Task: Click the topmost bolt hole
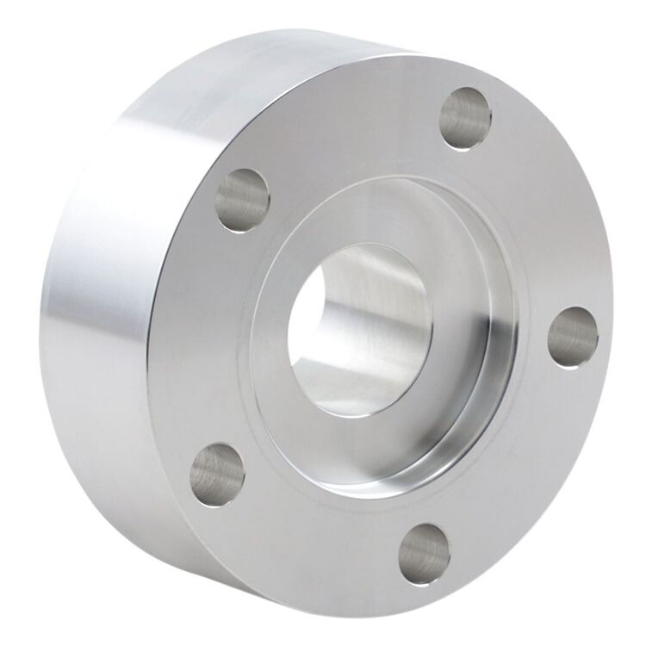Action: [464, 119]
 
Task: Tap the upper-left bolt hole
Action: [243, 199]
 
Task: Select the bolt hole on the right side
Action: [573, 337]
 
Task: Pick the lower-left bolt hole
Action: [216, 474]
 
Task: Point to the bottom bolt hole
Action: [424, 553]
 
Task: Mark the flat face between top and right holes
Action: [543, 215]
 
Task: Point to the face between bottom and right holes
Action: [525, 465]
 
